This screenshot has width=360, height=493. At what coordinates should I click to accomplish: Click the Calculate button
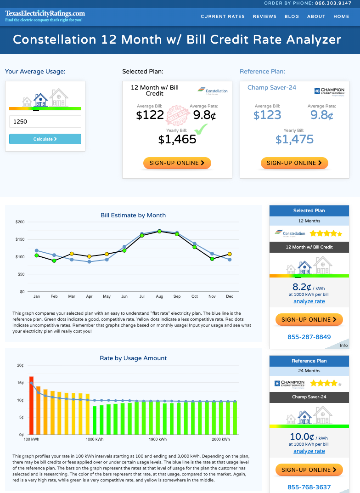pyautogui.click(x=45, y=139)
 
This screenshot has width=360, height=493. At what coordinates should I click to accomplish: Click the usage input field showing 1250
pyautogui.click(x=45, y=122)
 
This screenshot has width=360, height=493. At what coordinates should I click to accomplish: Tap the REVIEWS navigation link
pyautogui.click(x=264, y=17)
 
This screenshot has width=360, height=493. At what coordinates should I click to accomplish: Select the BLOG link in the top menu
pyautogui.click(x=292, y=17)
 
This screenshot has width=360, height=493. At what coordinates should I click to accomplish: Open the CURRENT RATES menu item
pyautogui.click(x=223, y=17)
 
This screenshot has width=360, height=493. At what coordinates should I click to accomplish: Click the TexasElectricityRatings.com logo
pyautogui.click(x=45, y=16)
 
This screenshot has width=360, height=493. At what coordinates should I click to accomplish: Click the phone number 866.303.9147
pyautogui.click(x=333, y=3)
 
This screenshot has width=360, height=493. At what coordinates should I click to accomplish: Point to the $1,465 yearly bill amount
pyautogui.click(x=177, y=139)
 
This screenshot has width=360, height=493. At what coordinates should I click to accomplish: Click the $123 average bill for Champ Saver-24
pyautogui.click(x=267, y=115)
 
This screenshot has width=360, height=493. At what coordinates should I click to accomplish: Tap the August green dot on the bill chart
pyautogui.click(x=159, y=232)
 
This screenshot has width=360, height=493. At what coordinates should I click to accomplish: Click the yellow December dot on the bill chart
pyautogui.click(x=230, y=254)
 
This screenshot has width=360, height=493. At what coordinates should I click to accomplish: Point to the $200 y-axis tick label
pyautogui.click(x=20, y=222)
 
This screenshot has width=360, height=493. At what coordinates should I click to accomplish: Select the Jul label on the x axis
pyautogui.click(x=142, y=296)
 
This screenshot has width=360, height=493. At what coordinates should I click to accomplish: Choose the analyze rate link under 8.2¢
pyautogui.click(x=309, y=301)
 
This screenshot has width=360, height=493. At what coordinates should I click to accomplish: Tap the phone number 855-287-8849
pyautogui.click(x=309, y=337)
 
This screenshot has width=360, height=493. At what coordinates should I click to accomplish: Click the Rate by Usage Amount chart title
pyautogui.click(x=133, y=358)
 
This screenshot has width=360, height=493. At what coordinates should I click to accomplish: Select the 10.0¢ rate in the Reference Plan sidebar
pyautogui.click(x=302, y=437)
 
